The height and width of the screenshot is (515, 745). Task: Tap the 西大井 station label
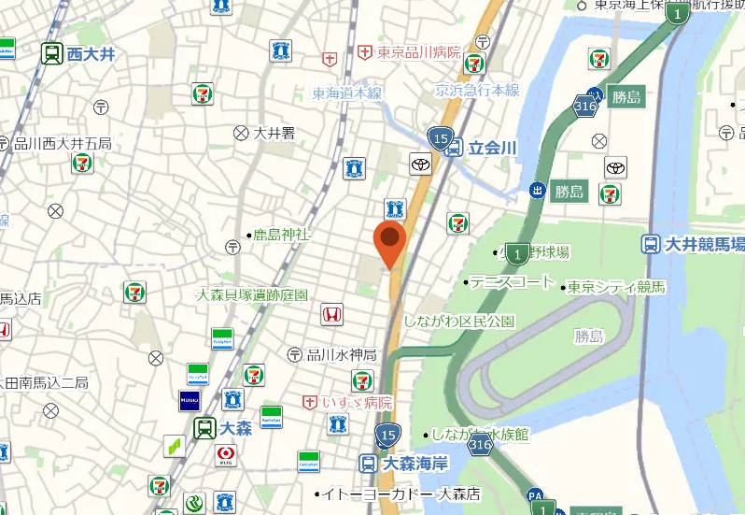click(91, 54)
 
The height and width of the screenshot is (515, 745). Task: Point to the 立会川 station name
click(492, 148)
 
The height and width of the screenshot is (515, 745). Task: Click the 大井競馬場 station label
click(705, 245)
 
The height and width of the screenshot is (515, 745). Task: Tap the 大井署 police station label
click(274, 133)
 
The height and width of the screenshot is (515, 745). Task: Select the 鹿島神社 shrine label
click(281, 235)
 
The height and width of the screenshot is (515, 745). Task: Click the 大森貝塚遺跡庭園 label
click(251, 294)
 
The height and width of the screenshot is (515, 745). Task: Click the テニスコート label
click(513, 281)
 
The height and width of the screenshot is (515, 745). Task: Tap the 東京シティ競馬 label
click(617, 286)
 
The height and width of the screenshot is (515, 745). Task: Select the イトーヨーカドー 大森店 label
click(401, 493)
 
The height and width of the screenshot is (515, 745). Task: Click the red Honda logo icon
click(331, 315)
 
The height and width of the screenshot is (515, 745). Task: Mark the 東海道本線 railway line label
click(347, 93)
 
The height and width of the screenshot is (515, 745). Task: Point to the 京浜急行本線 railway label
click(477, 91)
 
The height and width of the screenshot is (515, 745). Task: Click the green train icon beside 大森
click(204, 429)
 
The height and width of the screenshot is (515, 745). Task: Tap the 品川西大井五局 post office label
click(63, 143)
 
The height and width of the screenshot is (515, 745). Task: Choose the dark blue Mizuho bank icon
click(190, 401)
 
